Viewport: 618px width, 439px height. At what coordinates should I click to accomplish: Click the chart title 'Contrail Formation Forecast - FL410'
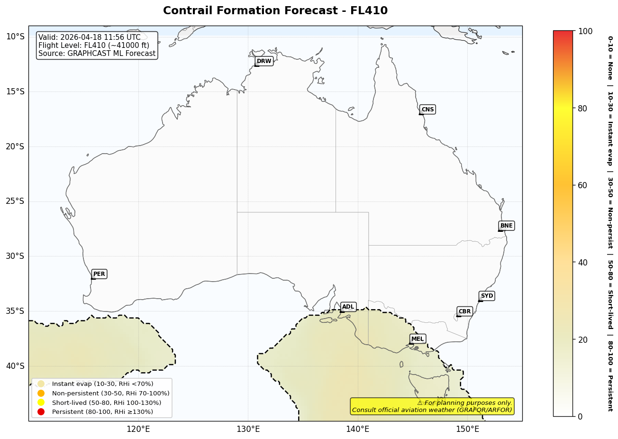[x=275, y=10]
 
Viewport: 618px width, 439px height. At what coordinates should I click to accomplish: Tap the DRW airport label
[x=264, y=61]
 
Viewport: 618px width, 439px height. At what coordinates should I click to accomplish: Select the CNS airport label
[x=427, y=110]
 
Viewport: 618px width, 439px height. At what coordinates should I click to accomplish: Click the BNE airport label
[x=506, y=226]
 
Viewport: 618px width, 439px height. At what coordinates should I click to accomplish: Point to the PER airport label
[x=99, y=274]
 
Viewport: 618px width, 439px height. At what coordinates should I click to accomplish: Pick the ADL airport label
[x=348, y=307]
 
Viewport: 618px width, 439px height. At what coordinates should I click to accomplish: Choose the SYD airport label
[x=487, y=296]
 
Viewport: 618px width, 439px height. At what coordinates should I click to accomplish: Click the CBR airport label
[x=464, y=311]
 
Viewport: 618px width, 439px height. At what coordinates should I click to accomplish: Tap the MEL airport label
[x=418, y=339]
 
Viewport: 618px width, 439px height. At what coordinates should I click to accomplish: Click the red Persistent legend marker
[x=41, y=412]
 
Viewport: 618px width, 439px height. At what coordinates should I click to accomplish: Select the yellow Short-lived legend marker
[x=41, y=402]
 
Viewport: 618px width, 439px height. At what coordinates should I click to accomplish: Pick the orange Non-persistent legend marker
[x=41, y=393]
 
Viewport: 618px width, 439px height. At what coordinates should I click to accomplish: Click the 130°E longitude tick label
[x=248, y=430]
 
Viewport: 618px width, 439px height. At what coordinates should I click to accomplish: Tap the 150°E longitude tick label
[x=467, y=430]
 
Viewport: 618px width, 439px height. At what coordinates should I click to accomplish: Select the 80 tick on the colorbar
[x=582, y=108]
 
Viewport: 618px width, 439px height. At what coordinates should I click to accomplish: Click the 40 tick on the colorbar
[x=582, y=262]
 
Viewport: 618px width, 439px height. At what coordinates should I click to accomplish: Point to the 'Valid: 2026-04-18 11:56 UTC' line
[x=90, y=37]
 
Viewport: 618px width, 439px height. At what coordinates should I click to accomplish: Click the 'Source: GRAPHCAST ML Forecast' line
[x=97, y=54]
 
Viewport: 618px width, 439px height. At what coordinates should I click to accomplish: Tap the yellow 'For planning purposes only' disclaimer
[x=432, y=406]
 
